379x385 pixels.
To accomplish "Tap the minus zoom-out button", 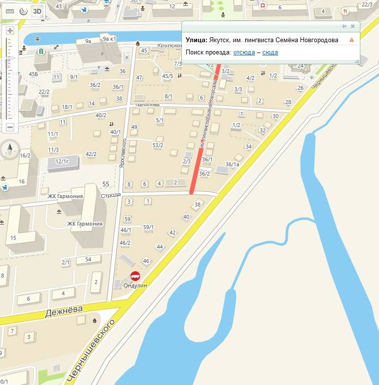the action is [x=10, y=127].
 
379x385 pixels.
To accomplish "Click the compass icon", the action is [x=10, y=149].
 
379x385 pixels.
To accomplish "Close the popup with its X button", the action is [x=353, y=26].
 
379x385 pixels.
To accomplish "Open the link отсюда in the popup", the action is [x=244, y=52].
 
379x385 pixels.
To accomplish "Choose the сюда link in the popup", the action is [x=270, y=52].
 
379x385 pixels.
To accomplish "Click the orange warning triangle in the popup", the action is [x=352, y=40].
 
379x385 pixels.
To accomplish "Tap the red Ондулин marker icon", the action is [x=135, y=276].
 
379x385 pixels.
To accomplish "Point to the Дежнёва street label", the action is [x=64, y=311].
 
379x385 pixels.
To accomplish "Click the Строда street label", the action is [x=110, y=195].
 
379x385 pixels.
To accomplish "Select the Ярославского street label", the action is [x=124, y=154].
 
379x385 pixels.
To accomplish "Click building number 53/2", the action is [x=158, y=145].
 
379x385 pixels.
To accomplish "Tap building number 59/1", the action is [x=148, y=227].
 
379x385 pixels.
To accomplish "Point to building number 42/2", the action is [x=91, y=154].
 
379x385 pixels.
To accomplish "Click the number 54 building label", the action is [x=88, y=259].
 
